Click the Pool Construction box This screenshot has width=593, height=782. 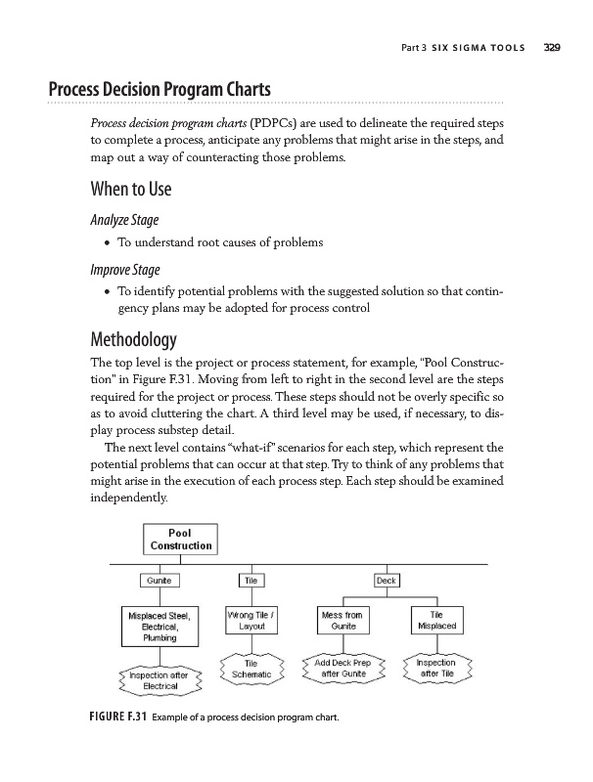(x=179, y=538)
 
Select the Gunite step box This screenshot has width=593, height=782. (x=160, y=581)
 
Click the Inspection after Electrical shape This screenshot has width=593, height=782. (x=160, y=679)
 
